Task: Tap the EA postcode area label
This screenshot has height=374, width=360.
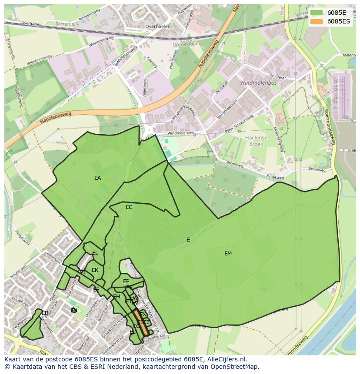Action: coord(97,178)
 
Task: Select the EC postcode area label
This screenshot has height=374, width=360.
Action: coord(129,207)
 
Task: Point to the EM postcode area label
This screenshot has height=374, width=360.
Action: coord(228,254)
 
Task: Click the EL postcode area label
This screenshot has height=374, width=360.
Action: coord(95,253)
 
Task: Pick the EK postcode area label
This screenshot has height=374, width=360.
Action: coord(95,270)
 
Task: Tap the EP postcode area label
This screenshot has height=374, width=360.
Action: coord(126,281)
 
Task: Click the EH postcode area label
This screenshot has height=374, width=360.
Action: coord(116,297)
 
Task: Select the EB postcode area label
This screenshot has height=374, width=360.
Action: coord(45,313)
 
